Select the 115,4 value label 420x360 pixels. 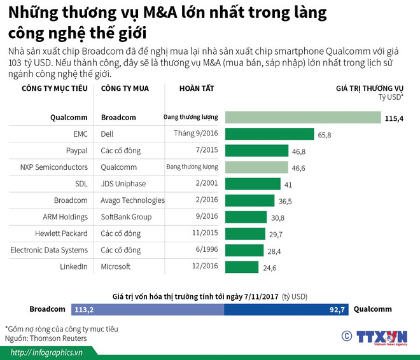[395, 118]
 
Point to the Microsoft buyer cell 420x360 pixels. [116, 267]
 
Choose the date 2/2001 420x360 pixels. [205, 184]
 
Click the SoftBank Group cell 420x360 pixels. [127, 217]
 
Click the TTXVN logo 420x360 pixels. [381, 338]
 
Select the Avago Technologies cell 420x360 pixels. [132, 200]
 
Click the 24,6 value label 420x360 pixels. [270, 268]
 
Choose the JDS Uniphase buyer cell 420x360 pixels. [123, 184]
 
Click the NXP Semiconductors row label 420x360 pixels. [53, 167]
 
